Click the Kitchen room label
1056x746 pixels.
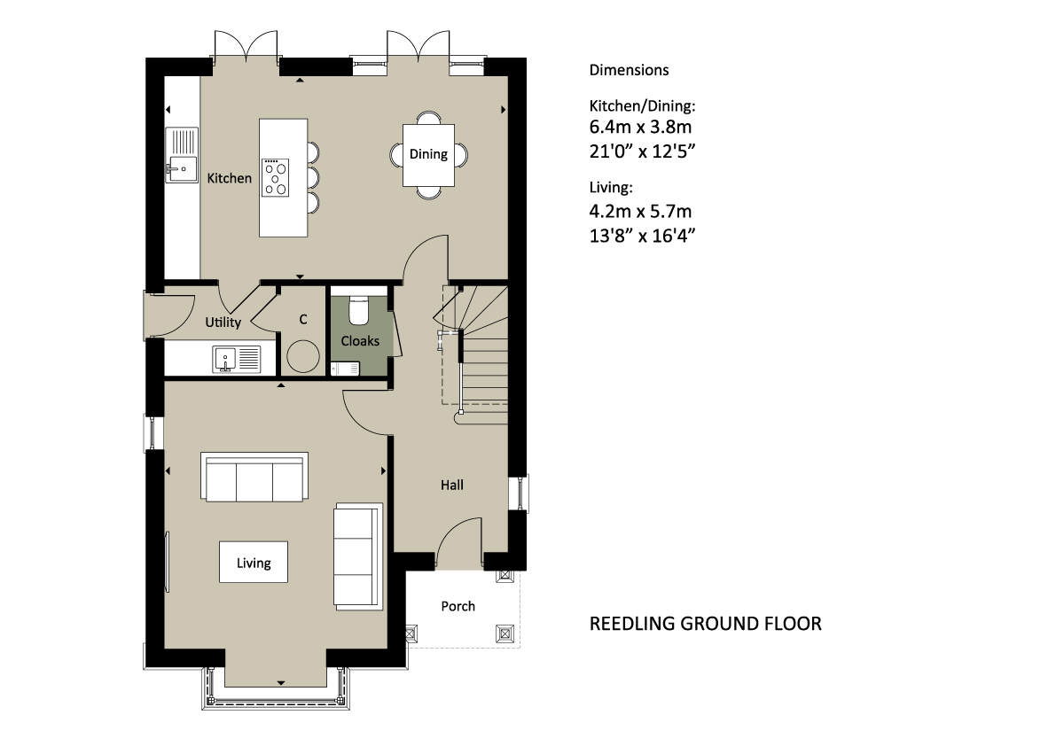pos(229,178)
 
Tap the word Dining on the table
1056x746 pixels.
pos(428,155)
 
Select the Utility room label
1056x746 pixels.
pos(223,322)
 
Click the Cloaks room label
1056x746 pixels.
pos(360,341)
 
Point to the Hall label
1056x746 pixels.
pos(452,485)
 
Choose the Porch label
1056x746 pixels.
pos(458,606)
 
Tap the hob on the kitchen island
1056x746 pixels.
pos(275,177)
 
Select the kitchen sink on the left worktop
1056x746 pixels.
pos(182,155)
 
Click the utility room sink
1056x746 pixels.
pos(237,359)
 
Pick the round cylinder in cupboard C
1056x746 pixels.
pos(303,356)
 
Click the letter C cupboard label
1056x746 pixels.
pos(303,320)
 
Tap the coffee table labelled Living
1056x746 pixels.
pos(254,562)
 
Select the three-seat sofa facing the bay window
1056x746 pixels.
pos(254,477)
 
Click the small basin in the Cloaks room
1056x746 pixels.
pos(345,369)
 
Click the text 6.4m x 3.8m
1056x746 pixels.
pos(640,127)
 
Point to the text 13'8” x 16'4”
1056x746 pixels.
pos(642,236)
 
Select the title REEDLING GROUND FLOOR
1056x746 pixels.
pos(705,624)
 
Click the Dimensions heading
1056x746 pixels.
pos(629,70)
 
